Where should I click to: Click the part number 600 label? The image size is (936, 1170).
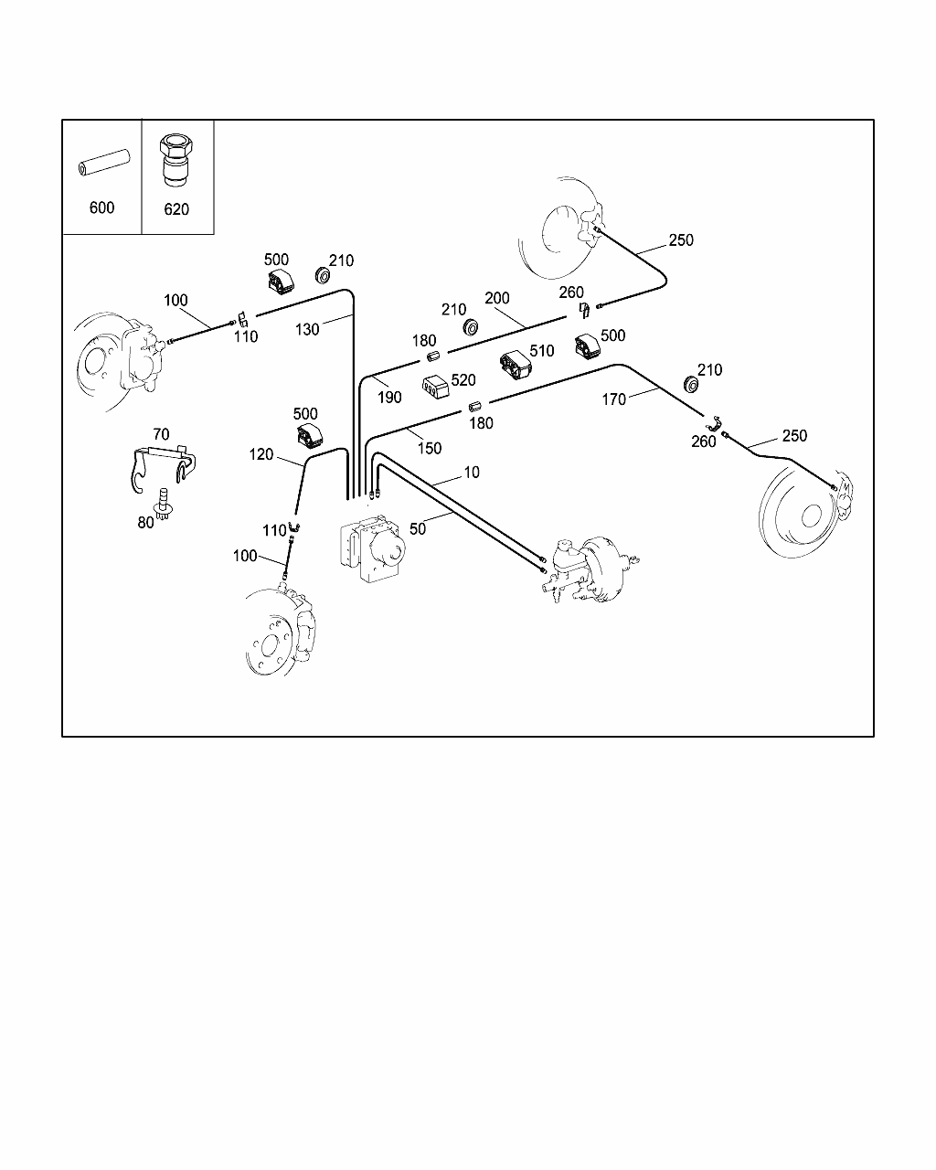pos(101,207)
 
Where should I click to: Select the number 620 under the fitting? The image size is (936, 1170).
pos(176,209)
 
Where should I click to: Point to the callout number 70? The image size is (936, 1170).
pos(161,433)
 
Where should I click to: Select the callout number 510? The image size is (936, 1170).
pos(541,351)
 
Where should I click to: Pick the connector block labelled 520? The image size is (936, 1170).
pos(435,386)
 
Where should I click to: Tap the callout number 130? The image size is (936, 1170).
pos(307,329)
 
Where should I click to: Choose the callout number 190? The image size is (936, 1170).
pos(389,397)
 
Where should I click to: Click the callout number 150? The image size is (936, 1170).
pos(429,448)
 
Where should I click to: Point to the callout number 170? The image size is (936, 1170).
pos(614,399)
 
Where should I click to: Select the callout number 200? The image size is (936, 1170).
pos(497,298)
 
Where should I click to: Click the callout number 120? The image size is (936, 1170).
pos(261,454)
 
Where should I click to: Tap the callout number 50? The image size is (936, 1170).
pos(419,528)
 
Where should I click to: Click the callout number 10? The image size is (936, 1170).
pos(472,473)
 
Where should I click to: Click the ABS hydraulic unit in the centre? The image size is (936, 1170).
pos(373,547)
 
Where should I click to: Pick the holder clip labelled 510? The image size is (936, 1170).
pos(516,367)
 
